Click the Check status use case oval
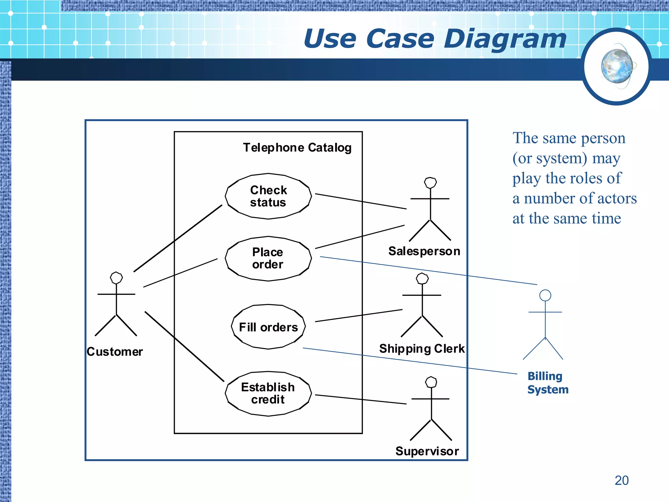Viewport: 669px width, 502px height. pyautogui.click(x=268, y=196)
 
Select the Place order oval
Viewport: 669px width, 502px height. pyautogui.click(x=268, y=258)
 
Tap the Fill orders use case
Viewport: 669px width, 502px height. pyautogui.click(x=268, y=327)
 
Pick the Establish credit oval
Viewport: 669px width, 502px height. pyautogui.click(x=268, y=393)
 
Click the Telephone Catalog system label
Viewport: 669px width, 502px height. pyautogui.click(x=297, y=148)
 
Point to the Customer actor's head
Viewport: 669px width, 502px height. pyautogui.click(x=116, y=278)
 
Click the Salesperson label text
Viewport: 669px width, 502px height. pyautogui.click(x=424, y=251)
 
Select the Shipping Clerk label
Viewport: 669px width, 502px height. pyautogui.click(x=422, y=349)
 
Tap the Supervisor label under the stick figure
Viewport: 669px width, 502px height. pyautogui.click(x=427, y=451)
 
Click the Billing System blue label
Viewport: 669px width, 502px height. pyautogui.click(x=547, y=383)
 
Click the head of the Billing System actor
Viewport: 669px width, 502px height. pyautogui.click(x=545, y=295)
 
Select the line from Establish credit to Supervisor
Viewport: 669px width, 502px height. pyautogui.click(x=361, y=399)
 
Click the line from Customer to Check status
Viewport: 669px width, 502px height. pyautogui.click(x=178, y=238)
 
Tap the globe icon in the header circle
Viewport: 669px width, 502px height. pyautogui.click(x=617, y=66)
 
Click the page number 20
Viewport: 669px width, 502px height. pyautogui.click(x=621, y=480)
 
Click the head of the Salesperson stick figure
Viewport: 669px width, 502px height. pyautogui.click(x=430, y=183)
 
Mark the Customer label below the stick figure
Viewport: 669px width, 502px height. pyautogui.click(x=115, y=352)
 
